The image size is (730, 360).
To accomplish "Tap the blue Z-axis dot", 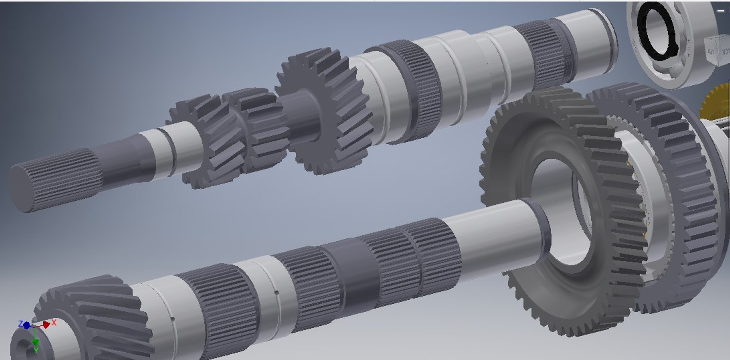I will [x=26, y=325].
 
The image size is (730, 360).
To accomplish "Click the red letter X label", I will [x=54, y=322].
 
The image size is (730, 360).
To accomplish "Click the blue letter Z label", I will [x=21, y=324].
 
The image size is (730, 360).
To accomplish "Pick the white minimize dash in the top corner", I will [x=720, y=11].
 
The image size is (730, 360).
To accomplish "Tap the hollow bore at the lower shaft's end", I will [x=24, y=347].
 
